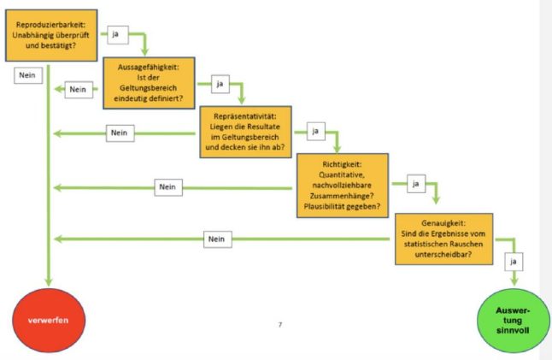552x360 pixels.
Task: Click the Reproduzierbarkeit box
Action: tap(51, 35)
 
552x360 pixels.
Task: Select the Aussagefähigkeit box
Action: tap(149, 83)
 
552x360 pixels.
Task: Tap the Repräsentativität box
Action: tap(246, 132)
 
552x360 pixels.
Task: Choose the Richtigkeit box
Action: tap(343, 186)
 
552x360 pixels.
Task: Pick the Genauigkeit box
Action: tap(444, 239)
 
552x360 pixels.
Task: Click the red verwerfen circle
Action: tap(49, 320)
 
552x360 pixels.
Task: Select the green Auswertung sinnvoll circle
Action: tap(513, 321)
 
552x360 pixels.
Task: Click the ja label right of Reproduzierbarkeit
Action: tap(118, 34)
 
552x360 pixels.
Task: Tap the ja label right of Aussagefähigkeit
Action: tap(220, 84)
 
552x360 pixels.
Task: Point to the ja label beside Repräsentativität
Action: tap(316, 131)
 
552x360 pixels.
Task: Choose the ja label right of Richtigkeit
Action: tap(416, 184)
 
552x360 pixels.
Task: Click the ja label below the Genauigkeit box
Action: tap(514, 262)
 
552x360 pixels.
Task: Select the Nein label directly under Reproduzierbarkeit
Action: tap(28, 75)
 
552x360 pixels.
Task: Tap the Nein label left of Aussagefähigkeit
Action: tap(79, 90)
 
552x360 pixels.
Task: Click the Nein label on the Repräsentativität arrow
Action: tap(120, 133)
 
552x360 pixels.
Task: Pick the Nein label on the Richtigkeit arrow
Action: tap(168, 187)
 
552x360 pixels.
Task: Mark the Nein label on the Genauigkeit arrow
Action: tap(218, 239)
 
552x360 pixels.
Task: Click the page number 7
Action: tap(280, 324)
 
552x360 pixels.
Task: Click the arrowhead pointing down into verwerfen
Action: tap(49, 281)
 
